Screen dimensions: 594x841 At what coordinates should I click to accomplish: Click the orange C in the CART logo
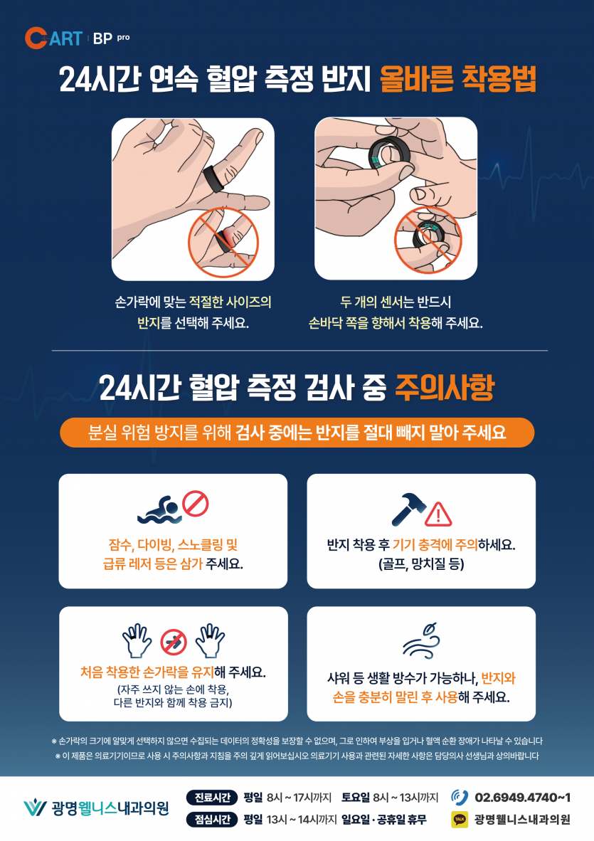click(x=36, y=38)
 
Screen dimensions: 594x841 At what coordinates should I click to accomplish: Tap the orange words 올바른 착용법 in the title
click(x=458, y=80)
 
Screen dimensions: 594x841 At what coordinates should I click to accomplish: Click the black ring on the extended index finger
click(x=213, y=177)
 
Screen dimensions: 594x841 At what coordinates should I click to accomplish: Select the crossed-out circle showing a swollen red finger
click(x=223, y=242)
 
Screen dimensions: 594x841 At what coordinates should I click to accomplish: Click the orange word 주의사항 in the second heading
click(x=445, y=387)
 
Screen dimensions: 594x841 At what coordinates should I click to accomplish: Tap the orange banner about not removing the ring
click(x=297, y=433)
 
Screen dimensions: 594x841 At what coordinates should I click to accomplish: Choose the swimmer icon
click(x=159, y=510)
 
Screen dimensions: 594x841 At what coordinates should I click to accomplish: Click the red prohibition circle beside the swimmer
click(x=195, y=504)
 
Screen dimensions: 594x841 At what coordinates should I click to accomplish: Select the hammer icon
click(x=408, y=509)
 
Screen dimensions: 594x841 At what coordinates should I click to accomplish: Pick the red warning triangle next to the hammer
click(x=438, y=514)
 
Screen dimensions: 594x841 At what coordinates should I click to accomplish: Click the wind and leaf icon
click(x=422, y=640)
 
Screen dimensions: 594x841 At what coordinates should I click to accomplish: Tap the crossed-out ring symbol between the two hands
click(x=173, y=642)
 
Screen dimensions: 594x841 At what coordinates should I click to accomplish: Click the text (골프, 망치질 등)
click(x=421, y=564)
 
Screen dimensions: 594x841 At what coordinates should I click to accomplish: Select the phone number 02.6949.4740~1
click(x=523, y=798)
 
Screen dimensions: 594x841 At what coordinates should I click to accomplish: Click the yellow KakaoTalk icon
click(x=460, y=820)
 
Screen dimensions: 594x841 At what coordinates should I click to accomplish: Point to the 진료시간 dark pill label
click(x=212, y=798)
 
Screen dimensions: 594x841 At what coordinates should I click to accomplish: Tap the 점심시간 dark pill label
click(x=212, y=820)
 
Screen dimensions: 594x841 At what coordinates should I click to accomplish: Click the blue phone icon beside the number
click(x=460, y=798)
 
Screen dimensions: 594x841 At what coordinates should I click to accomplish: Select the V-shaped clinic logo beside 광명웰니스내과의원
click(x=36, y=808)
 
